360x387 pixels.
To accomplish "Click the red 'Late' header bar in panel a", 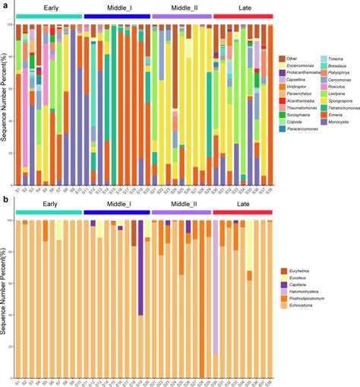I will pos(242,15).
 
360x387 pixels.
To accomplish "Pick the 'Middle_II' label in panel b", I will pos(182,205).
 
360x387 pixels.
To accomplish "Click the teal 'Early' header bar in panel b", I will pos(49,213).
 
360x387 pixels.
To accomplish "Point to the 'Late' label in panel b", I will pos(242,205).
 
